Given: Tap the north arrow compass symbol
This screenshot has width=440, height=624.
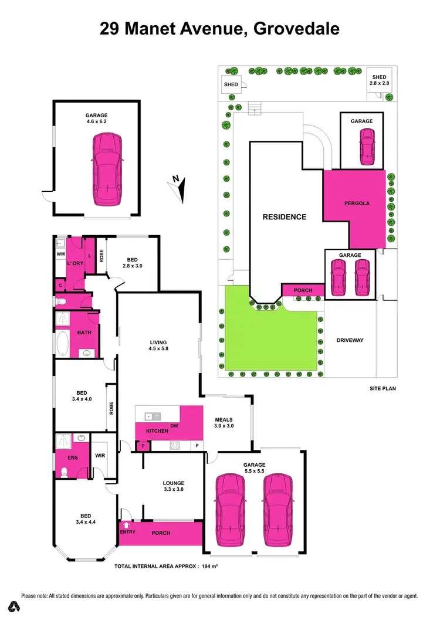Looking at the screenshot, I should pos(178,187).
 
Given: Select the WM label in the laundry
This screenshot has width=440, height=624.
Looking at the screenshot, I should pos(60,254).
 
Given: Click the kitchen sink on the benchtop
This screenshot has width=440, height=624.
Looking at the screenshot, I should pos(153,416).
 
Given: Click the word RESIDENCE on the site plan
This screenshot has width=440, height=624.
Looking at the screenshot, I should pos(285,217).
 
